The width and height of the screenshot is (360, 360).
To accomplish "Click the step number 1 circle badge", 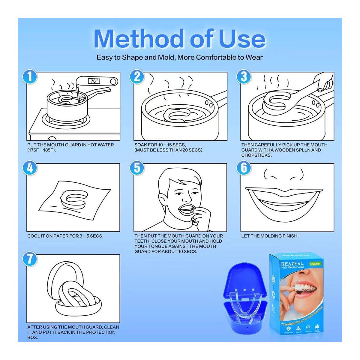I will [29, 77].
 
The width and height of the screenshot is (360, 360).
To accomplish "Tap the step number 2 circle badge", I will [137, 77].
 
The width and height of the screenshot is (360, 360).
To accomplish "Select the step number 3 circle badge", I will [244, 77].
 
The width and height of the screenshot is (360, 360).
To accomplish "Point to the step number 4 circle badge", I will [29, 168].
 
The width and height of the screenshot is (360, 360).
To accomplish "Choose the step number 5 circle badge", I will [137, 168].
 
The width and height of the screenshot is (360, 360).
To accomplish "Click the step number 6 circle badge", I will [244, 168].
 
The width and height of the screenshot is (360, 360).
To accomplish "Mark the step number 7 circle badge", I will [29, 259].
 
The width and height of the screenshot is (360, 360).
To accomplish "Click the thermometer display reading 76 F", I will [94, 81].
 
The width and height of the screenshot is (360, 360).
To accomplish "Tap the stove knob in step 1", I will [52, 139].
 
